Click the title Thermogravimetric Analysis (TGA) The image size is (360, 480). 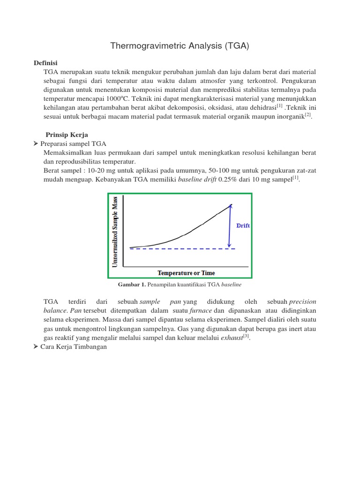tap(180, 46)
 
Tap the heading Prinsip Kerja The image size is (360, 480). tap(67, 135)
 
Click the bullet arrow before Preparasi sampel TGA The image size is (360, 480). tap(37, 144)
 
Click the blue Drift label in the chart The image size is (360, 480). tap(243, 225)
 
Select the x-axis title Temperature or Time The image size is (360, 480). tap(186, 273)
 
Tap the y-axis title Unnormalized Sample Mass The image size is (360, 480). tap(115, 232)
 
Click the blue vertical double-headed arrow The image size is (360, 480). tap(229, 225)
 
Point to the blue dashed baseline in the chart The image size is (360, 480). tap(182, 249)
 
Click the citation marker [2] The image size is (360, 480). tap(307, 115)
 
